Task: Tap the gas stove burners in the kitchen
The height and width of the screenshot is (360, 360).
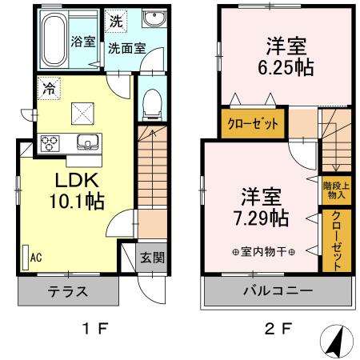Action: coord(52,144)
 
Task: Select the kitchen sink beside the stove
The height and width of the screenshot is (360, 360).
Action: coord(87,143)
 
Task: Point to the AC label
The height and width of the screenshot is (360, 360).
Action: coord(36,258)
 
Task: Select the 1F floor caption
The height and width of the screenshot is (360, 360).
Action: coord(94,328)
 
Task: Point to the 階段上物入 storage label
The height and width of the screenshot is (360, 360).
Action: coord(334,189)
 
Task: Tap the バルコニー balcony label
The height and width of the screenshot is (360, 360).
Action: coord(278,290)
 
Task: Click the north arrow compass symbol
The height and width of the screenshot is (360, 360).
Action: coord(338,342)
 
